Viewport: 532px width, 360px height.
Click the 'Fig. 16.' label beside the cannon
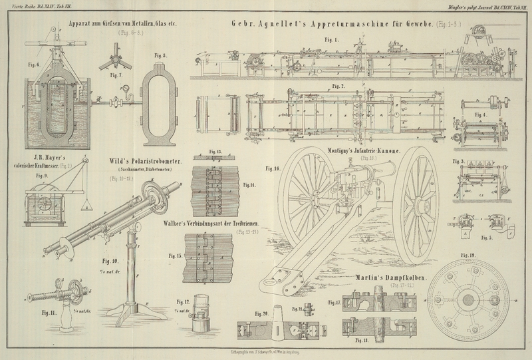coord(272,169)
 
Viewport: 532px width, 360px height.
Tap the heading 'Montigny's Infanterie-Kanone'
coord(364,152)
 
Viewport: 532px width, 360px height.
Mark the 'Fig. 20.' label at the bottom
coord(261,313)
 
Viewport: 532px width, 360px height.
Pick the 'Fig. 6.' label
coord(33,65)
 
